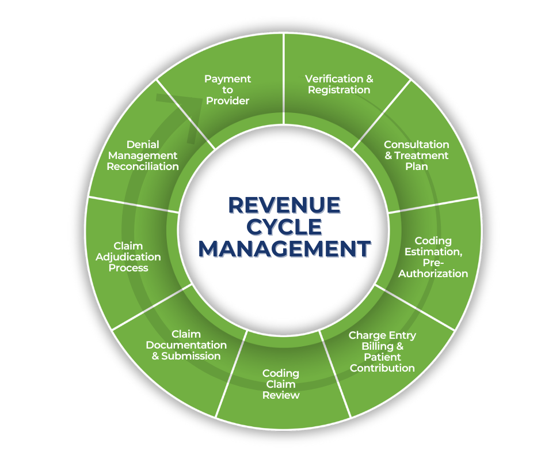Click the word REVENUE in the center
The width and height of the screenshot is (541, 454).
tap(284, 205)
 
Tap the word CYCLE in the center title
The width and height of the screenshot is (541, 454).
tap(284, 227)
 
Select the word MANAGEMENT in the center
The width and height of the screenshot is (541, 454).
tap(284, 249)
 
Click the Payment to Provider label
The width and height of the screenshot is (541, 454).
tap(227, 89)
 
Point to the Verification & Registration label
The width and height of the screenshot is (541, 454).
tap(338, 84)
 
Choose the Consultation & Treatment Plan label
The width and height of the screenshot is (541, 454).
tap(416, 156)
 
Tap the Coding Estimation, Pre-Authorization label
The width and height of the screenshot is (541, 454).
tap(433, 257)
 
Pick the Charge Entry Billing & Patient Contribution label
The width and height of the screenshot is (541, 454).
tap(382, 351)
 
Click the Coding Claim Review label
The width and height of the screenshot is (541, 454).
tap(281, 384)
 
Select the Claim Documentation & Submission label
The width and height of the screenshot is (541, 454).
tap(186, 345)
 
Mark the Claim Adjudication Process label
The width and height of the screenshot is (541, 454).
tap(128, 257)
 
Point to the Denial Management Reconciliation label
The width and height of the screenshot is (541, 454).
tap(143, 156)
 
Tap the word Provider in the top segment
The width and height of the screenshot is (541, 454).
tap(227, 101)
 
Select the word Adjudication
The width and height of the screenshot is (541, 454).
tap(128, 257)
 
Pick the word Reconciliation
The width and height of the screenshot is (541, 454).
tap(143, 167)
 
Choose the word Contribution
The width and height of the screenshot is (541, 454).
tap(382, 368)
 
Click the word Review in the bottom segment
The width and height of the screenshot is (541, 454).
tap(281, 395)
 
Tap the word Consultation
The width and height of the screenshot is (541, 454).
tap(416, 145)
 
